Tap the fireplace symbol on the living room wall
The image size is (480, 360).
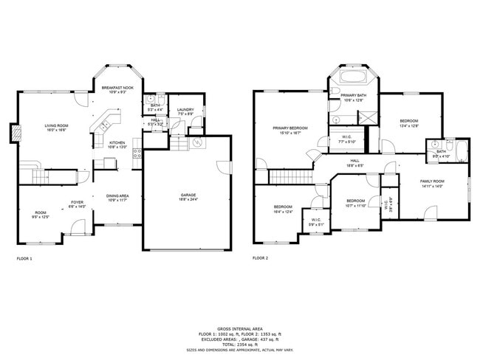point(16,133)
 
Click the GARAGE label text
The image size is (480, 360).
point(188,195)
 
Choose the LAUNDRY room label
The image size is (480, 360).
point(185,111)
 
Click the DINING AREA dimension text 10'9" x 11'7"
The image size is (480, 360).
point(118,200)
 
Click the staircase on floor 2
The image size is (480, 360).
point(285,176)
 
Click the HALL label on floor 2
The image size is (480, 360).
point(355,162)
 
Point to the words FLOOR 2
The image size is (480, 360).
point(260,258)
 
